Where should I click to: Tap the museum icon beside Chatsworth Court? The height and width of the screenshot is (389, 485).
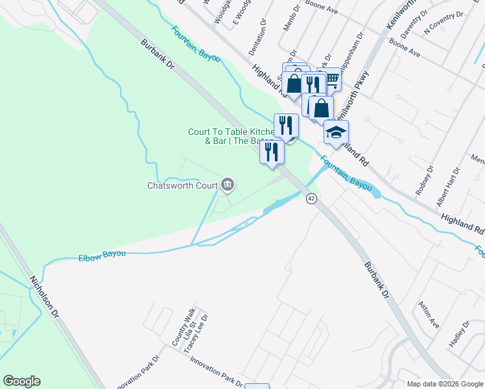point(228,185)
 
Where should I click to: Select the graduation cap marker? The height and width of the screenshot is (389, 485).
point(336,132)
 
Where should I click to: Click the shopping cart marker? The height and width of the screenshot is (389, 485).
point(331,80)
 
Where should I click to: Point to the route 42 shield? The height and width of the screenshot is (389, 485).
point(311,198)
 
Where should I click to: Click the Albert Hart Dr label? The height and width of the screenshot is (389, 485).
point(449,186)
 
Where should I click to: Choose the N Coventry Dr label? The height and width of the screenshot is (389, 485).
point(444,23)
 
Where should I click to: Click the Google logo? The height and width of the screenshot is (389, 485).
point(22,381)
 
